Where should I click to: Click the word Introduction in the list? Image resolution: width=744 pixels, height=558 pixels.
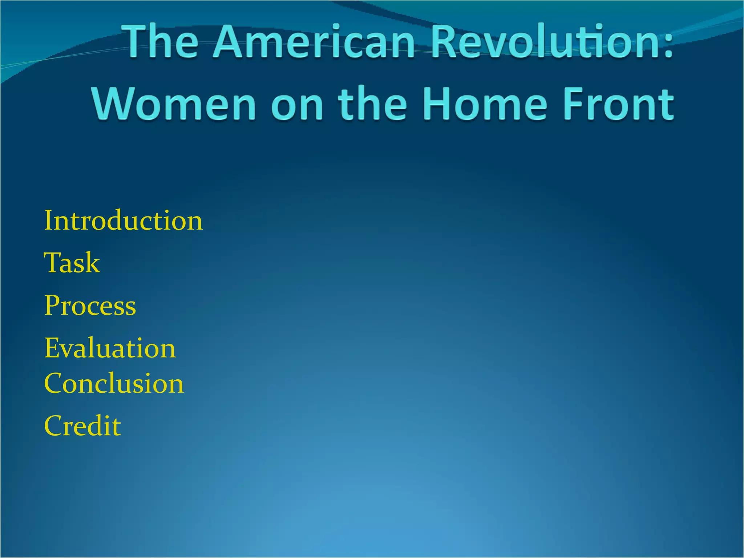point(123,221)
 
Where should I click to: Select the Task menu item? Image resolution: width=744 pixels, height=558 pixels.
point(72,263)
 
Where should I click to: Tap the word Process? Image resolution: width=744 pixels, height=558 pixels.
point(90,306)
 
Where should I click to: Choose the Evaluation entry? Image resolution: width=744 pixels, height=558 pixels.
point(110,348)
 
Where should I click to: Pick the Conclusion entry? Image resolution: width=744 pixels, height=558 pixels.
point(114,383)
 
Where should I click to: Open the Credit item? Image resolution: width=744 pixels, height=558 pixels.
point(82,426)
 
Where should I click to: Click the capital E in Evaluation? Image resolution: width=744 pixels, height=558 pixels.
point(52,348)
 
